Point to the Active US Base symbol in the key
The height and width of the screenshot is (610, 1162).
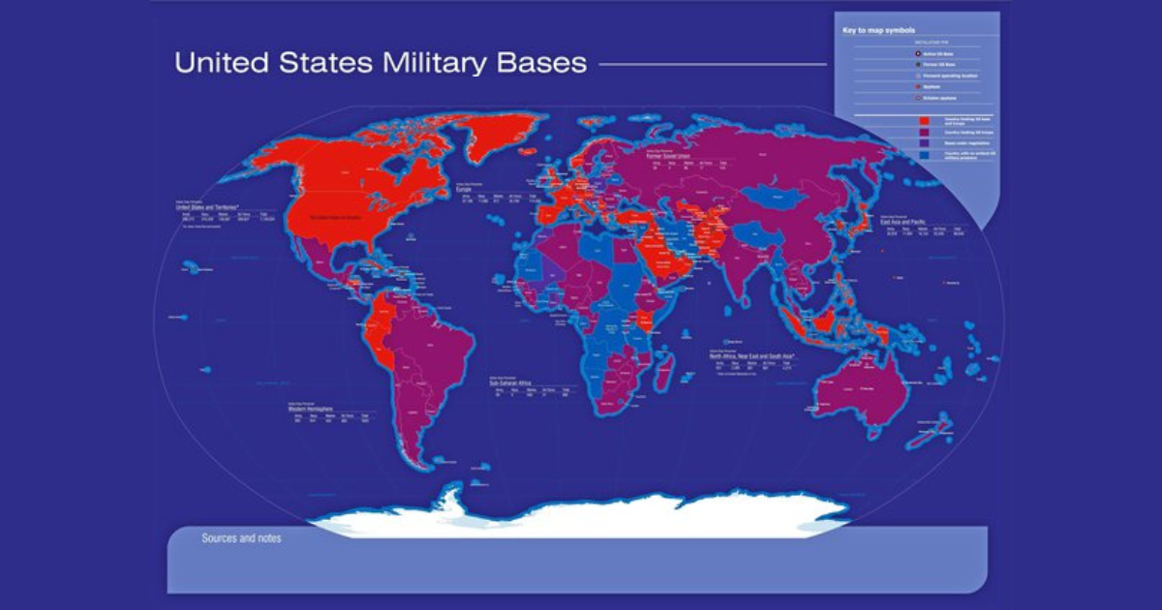(915, 54)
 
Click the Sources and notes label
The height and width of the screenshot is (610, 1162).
(241, 538)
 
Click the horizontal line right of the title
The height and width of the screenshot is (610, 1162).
(712, 64)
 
